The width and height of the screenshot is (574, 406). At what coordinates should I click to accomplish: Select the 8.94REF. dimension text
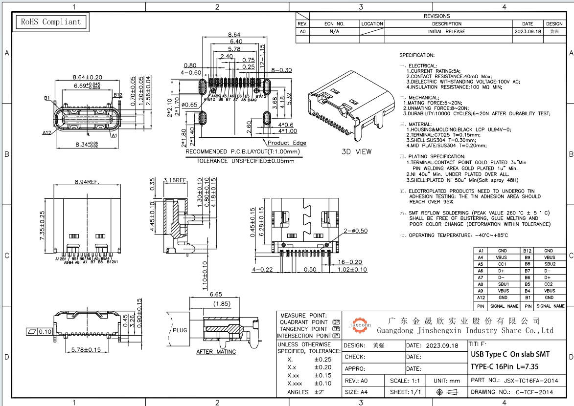click(x=87, y=182)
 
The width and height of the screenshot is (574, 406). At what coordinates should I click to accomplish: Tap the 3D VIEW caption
click(x=356, y=151)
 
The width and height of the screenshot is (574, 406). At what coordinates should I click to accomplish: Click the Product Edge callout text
click(x=287, y=143)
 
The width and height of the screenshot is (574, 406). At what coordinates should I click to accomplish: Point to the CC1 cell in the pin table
click(x=502, y=264)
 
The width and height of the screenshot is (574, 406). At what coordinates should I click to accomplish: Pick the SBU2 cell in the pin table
click(x=550, y=264)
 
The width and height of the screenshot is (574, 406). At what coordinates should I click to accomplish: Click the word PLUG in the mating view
click(x=180, y=330)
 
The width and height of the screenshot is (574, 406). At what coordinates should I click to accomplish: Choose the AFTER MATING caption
click(x=216, y=352)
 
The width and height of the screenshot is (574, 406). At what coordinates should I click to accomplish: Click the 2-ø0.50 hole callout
click(x=355, y=231)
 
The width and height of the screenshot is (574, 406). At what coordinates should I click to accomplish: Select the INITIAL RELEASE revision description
click(x=447, y=31)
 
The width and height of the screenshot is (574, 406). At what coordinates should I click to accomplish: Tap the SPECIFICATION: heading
click(x=417, y=56)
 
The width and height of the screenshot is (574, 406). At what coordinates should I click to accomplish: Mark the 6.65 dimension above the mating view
click(x=216, y=295)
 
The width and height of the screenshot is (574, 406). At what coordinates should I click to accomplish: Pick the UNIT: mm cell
click(x=447, y=380)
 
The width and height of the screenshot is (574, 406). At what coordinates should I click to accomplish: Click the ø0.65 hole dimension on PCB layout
click(x=189, y=105)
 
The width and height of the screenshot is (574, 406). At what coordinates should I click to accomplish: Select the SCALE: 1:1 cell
click(x=405, y=380)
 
